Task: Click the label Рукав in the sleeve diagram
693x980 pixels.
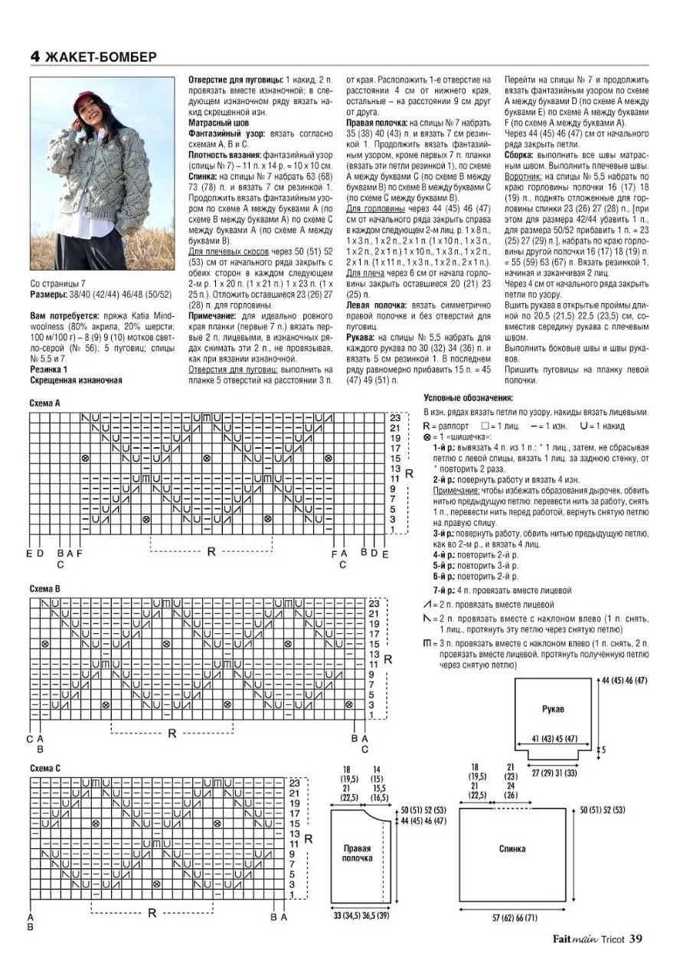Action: point(552,709)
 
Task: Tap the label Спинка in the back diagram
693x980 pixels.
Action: point(512,848)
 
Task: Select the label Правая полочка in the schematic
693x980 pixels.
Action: point(357,853)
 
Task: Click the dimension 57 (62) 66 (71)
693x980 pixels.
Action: point(516,916)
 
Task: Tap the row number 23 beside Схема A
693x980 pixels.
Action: point(395,417)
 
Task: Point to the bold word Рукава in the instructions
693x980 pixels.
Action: point(361,336)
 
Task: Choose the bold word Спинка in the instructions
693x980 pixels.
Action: point(205,175)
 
